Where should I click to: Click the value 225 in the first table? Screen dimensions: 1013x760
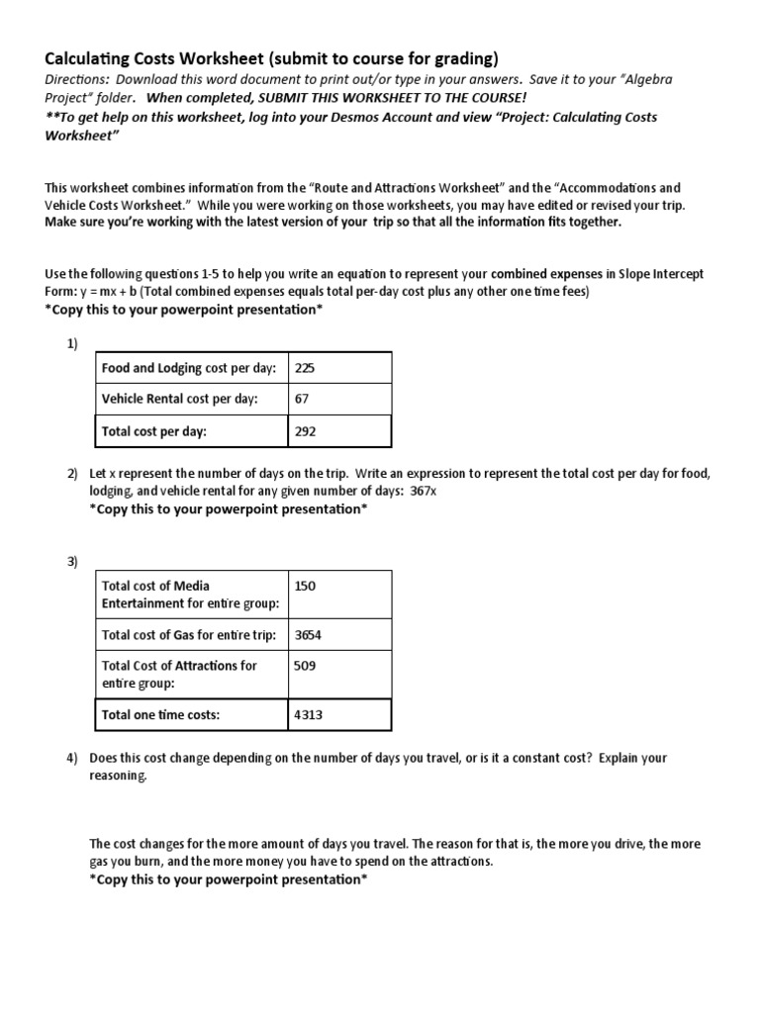pyautogui.click(x=305, y=369)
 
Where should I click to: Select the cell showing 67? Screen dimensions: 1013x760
pyautogui.click(x=302, y=400)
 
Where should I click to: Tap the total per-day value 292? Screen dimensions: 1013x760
pyautogui.click(x=305, y=431)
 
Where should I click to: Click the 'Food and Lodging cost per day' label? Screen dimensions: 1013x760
pyautogui.click(x=188, y=369)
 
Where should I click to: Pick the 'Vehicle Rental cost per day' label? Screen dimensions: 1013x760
pyautogui.click(x=179, y=400)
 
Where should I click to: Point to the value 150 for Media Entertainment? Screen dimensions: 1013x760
pyautogui.click(x=305, y=586)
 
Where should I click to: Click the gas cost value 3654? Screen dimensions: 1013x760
pyautogui.click(x=309, y=635)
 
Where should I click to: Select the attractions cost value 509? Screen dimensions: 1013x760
pyautogui.click(x=305, y=666)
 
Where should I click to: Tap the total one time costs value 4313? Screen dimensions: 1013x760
pyautogui.click(x=309, y=714)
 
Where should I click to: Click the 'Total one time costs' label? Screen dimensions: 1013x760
pyautogui.click(x=160, y=714)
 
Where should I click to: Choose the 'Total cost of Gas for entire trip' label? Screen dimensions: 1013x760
pyautogui.click(x=189, y=635)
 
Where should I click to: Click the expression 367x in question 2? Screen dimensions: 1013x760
pyautogui.click(x=423, y=492)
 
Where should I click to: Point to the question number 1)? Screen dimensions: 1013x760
pyautogui.click(x=72, y=343)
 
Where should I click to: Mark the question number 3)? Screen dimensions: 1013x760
pyautogui.click(x=72, y=562)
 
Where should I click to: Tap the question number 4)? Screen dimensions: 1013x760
pyautogui.click(x=72, y=759)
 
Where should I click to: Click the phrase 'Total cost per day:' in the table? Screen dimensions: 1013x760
pyautogui.click(x=154, y=431)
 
